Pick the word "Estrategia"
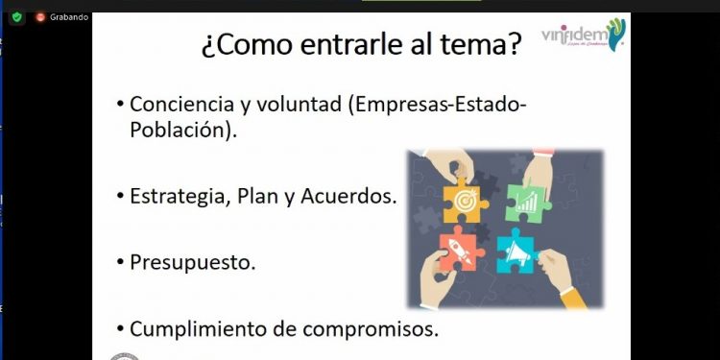(x=176, y=197)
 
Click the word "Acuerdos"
(x=351, y=197)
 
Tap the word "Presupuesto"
(x=192, y=262)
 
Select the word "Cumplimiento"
(x=192, y=328)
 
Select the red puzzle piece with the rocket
(x=461, y=252)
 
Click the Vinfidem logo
(x=584, y=36)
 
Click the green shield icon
(x=17, y=16)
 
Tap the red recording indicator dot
(x=40, y=16)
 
